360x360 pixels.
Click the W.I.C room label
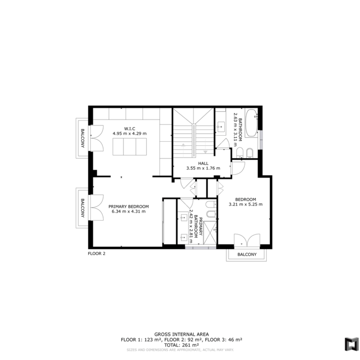click(x=130, y=129)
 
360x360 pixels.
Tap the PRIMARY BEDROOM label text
click(x=129, y=206)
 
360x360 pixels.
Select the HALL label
click(x=203, y=163)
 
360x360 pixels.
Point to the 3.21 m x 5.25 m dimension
click(x=246, y=204)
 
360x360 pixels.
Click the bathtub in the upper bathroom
click(x=252, y=123)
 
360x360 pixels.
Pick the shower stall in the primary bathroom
click(x=210, y=232)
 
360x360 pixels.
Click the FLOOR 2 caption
click(x=96, y=253)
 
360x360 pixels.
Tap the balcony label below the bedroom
click(x=247, y=254)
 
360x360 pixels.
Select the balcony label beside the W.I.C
click(x=83, y=138)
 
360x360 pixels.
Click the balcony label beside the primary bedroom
click(x=83, y=208)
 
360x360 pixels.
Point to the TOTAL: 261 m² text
click(x=181, y=345)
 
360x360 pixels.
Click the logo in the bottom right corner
click(x=351, y=344)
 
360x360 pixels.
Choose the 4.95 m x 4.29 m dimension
click(x=130, y=133)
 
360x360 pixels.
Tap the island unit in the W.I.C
click(x=130, y=147)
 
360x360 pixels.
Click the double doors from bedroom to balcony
click(x=247, y=240)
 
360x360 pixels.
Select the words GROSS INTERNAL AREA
click(x=181, y=334)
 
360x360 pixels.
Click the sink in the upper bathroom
click(x=221, y=127)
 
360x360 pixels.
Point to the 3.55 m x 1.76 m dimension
click(x=203, y=168)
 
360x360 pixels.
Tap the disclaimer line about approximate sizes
click(x=180, y=350)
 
